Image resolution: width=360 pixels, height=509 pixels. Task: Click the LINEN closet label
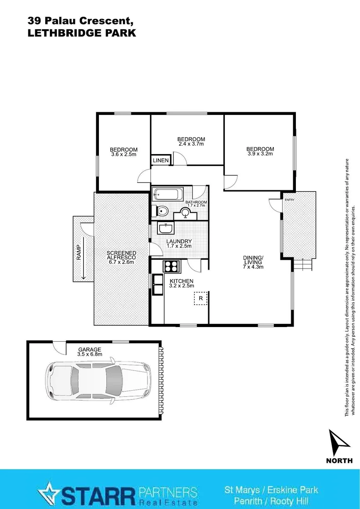161,161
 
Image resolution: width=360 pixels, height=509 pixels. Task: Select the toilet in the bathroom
160,211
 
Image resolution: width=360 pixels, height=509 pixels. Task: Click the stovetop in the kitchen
172,266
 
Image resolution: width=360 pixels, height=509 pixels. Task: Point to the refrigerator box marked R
200,298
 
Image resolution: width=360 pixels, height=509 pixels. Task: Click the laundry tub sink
165,229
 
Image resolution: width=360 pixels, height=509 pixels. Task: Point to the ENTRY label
289,200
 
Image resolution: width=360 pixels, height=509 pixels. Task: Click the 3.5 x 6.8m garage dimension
90,354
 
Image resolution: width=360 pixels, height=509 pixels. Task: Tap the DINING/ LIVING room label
253,262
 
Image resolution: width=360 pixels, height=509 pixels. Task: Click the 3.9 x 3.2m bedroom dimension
260,154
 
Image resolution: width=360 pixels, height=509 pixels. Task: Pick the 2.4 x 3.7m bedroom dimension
191,144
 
